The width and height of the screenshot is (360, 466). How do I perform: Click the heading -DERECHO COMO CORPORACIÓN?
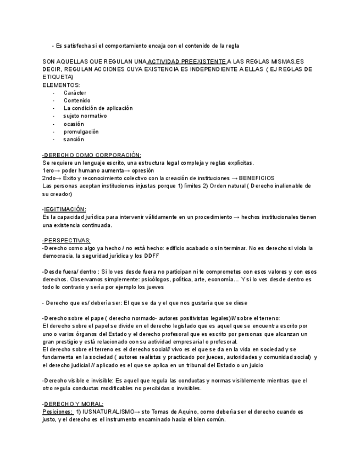(x=92, y=155)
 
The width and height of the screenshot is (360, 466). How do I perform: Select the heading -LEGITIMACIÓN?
(x=64, y=209)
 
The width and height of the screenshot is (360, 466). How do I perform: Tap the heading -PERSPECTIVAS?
(x=67, y=240)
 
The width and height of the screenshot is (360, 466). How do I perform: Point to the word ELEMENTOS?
(x=61, y=85)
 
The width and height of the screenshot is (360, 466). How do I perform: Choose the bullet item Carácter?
(x=75, y=93)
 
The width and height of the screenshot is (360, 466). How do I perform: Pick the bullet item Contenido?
(x=77, y=101)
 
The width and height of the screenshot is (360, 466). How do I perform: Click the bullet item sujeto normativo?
(x=85, y=116)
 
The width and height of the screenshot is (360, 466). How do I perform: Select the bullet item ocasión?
(x=74, y=124)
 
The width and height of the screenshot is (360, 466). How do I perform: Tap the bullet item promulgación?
(x=81, y=132)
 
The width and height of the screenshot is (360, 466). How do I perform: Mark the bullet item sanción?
(x=74, y=140)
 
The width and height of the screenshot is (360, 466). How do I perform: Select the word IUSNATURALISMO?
(x=109, y=412)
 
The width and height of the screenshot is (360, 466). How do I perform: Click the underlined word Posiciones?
(x=58, y=412)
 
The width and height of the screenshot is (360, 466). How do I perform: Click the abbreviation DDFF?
(x=152, y=256)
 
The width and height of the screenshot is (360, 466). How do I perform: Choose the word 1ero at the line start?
(x=49, y=170)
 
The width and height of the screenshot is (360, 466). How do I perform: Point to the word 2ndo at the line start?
(x=49, y=178)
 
